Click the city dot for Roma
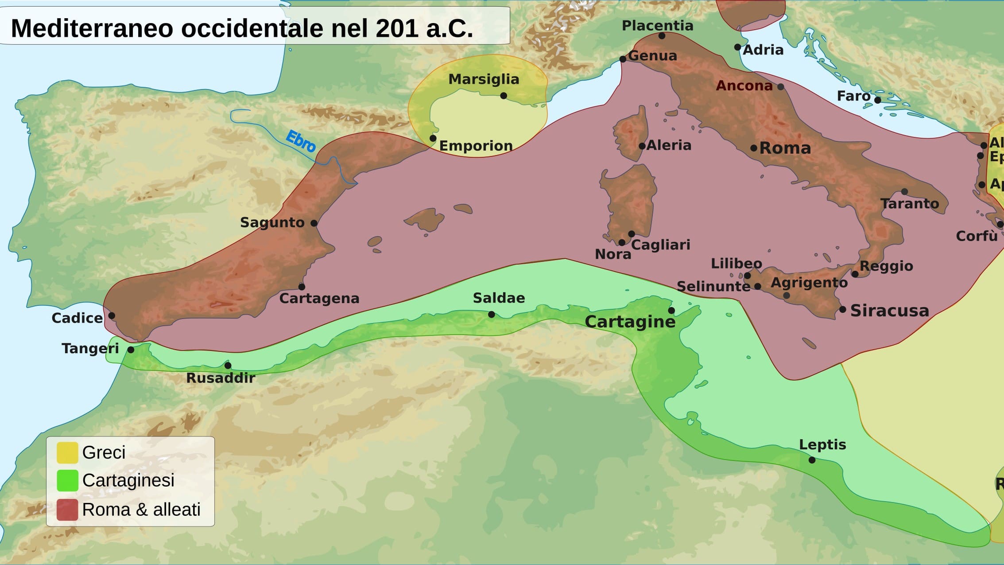pos(754,148)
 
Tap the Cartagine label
pos(630,322)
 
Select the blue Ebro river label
pos(301,141)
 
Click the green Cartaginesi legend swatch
pos(67,480)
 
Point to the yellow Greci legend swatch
pos(67,452)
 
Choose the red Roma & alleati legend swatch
pos(67,510)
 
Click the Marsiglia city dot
pos(504,96)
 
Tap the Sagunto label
pos(272,222)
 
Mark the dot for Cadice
pos(112,316)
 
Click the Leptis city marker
pos(812,460)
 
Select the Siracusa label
pos(889,311)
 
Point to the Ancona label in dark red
pos(744,86)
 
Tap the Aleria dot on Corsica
pos(642,146)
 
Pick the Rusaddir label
pos(221,378)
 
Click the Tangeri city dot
pos(131,350)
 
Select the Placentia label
pos(657,26)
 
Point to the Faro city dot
pos(878,100)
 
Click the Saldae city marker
pos(492,314)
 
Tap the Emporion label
pos(476,146)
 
